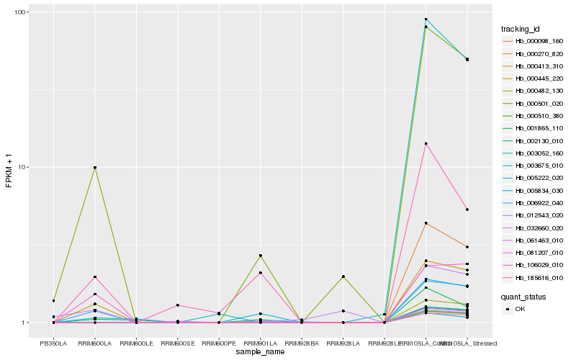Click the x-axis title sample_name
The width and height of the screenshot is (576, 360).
tap(260, 352)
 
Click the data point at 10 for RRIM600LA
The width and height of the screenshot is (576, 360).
tap(94, 168)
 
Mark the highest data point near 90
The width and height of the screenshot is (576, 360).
tap(426, 19)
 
